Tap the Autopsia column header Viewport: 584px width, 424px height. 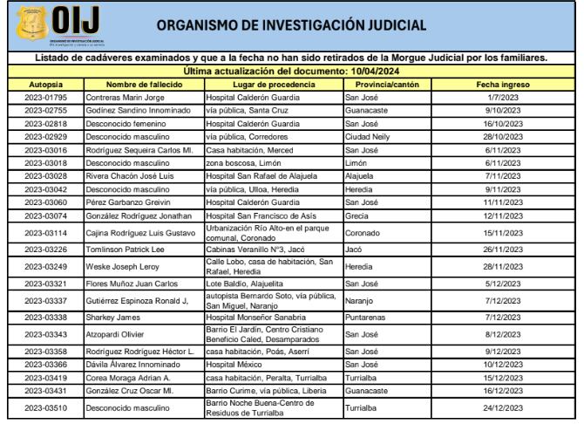click(x=42, y=83)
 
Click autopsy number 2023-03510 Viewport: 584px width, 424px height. click(x=42, y=407)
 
